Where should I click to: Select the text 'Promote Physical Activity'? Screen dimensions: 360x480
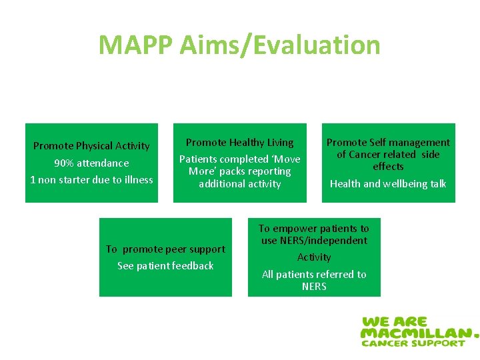[x=91, y=146]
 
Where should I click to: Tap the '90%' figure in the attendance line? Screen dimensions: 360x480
[x=65, y=163]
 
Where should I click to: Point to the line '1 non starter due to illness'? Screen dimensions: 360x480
[x=91, y=180]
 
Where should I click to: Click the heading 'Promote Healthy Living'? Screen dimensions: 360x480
[x=239, y=143]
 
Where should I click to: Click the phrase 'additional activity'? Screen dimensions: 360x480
[x=239, y=184]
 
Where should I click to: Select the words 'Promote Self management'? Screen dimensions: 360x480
[x=388, y=143]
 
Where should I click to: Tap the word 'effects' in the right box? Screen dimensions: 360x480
[x=388, y=167]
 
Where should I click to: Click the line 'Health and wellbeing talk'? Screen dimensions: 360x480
[x=388, y=184]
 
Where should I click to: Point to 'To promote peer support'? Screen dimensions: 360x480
[x=165, y=249]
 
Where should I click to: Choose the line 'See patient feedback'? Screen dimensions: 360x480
[x=165, y=266]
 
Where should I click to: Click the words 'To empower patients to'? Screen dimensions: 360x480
[x=313, y=229]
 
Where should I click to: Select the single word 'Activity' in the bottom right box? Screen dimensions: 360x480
[x=313, y=257]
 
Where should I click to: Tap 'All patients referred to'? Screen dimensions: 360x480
[x=313, y=275]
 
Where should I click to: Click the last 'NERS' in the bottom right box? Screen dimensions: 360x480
[x=313, y=287]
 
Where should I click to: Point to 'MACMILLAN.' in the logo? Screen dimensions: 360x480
[x=419, y=332]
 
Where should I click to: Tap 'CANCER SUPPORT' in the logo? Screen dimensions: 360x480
[x=413, y=343]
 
